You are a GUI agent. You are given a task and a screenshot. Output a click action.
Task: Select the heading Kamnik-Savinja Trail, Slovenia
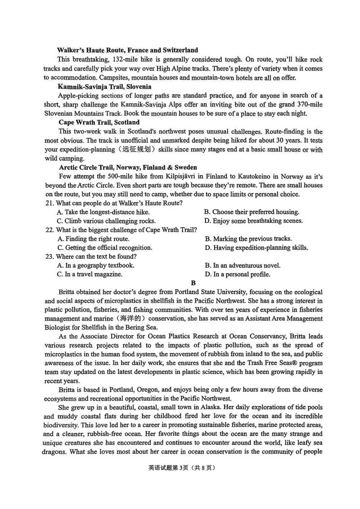coord(104,86)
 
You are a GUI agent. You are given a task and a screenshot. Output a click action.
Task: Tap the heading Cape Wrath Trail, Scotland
coord(99,122)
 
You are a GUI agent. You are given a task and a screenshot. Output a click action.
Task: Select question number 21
coord(49,203)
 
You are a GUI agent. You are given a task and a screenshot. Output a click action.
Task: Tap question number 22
coord(49,230)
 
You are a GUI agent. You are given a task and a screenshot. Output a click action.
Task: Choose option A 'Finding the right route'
coord(93,239)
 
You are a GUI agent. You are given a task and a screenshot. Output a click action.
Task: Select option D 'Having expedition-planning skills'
coord(256,248)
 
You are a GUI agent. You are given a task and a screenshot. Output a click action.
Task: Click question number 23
coord(49,256)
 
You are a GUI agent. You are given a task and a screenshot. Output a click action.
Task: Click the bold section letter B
coord(193,283)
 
